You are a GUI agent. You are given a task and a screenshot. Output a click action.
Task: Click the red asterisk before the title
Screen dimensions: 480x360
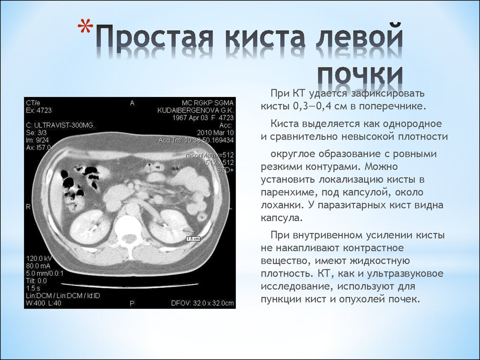[x=85, y=27]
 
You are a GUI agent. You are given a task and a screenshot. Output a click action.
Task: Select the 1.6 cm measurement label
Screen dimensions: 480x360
[x=193, y=238]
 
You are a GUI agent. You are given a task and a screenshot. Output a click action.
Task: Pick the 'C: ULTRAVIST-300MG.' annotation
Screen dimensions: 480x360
[x=60, y=125]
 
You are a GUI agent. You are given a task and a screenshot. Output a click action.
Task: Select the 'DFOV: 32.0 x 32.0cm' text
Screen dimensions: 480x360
[x=202, y=303]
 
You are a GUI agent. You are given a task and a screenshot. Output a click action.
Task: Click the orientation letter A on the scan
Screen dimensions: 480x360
[x=132, y=103]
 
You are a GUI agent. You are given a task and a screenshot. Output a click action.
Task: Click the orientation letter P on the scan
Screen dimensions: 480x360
[x=132, y=303]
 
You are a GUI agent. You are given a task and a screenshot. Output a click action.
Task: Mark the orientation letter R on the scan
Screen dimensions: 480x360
[x=28, y=207]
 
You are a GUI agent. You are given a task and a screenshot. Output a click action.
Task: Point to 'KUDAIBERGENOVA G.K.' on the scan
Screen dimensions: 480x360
[x=195, y=110]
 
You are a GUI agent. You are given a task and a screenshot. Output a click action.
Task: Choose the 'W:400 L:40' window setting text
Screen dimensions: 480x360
[x=44, y=303]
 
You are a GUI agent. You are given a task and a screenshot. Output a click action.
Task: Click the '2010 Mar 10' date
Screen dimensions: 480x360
[x=215, y=133]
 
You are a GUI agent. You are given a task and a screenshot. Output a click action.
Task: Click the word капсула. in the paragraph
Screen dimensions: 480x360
[x=282, y=218]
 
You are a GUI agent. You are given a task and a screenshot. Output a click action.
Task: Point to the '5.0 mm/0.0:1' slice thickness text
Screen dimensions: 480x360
[x=45, y=273]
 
